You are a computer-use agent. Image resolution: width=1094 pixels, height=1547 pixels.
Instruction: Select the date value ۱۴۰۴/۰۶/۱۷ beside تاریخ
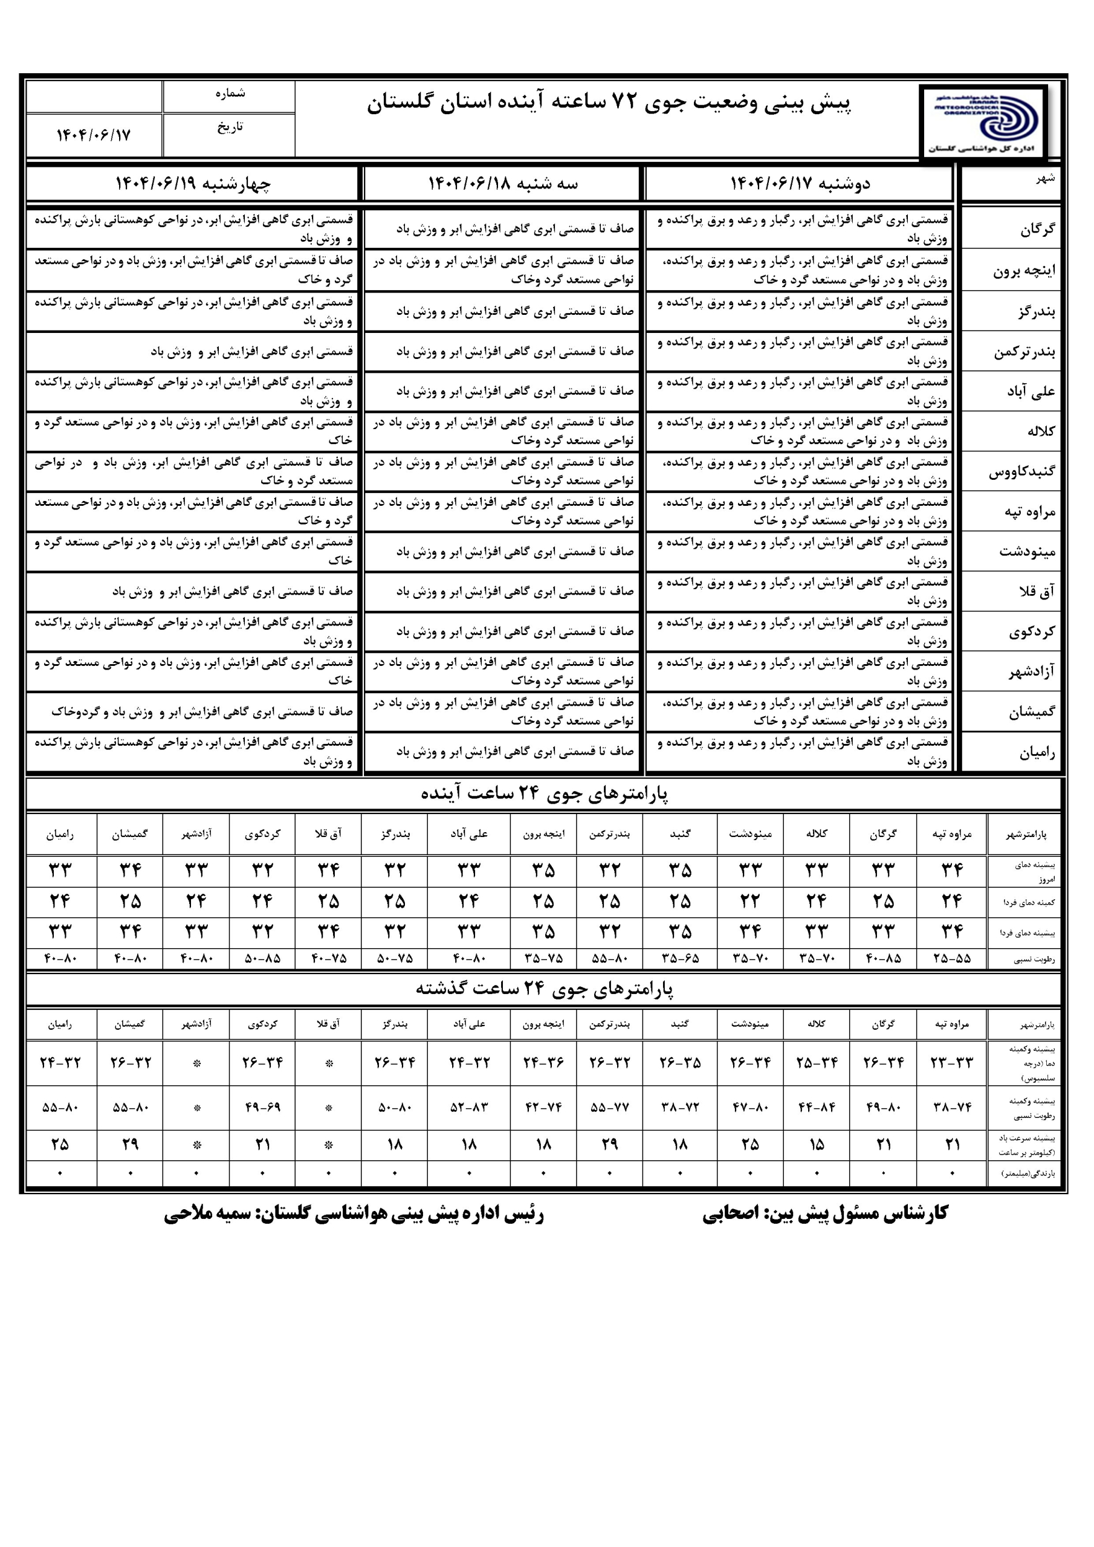coord(93,135)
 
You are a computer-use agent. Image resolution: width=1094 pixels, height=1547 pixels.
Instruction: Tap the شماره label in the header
coord(230,94)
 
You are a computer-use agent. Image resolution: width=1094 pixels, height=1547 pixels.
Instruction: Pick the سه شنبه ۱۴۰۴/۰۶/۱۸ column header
coord(503,183)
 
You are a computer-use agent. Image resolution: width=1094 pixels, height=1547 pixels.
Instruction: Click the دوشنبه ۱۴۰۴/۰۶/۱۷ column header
coord(800,183)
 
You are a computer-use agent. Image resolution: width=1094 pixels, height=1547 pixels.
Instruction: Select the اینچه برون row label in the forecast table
coord(1023,271)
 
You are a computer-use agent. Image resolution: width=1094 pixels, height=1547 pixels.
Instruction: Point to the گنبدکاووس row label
coord(1021,471)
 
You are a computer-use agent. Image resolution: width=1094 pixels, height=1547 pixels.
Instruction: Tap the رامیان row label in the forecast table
coord(1037,752)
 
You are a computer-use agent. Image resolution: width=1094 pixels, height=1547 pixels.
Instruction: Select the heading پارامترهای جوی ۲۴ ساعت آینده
coord(544,793)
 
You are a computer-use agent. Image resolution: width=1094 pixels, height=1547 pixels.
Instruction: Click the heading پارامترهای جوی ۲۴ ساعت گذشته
coord(544,989)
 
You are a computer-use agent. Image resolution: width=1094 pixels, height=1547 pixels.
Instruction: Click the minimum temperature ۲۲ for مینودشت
coord(749,901)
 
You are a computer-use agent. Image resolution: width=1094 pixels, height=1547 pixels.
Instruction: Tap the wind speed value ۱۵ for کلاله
coord(817,1145)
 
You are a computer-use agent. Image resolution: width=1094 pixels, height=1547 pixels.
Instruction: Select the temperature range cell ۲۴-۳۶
coord(543,1062)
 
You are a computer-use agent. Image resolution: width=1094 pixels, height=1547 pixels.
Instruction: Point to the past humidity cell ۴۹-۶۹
coord(262,1107)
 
